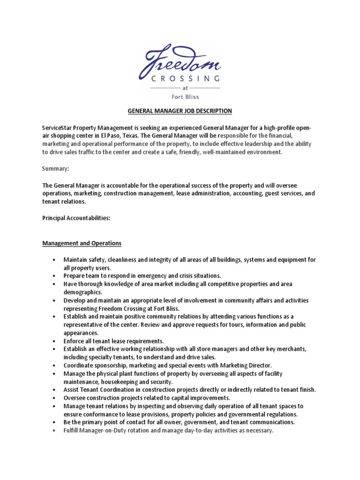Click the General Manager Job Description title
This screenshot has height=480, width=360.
click(x=180, y=111)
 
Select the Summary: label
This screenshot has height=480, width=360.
click(x=55, y=168)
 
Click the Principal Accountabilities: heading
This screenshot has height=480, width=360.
click(x=76, y=218)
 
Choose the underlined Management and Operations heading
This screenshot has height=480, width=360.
click(x=82, y=243)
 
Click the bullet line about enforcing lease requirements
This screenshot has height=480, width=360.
click(x=114, y=341)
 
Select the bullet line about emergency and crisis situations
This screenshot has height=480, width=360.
click(x=142, y=276)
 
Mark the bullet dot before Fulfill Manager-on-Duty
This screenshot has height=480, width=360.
click(x=55, y=430)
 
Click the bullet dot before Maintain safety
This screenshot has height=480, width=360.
click(x=55, y=260)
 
